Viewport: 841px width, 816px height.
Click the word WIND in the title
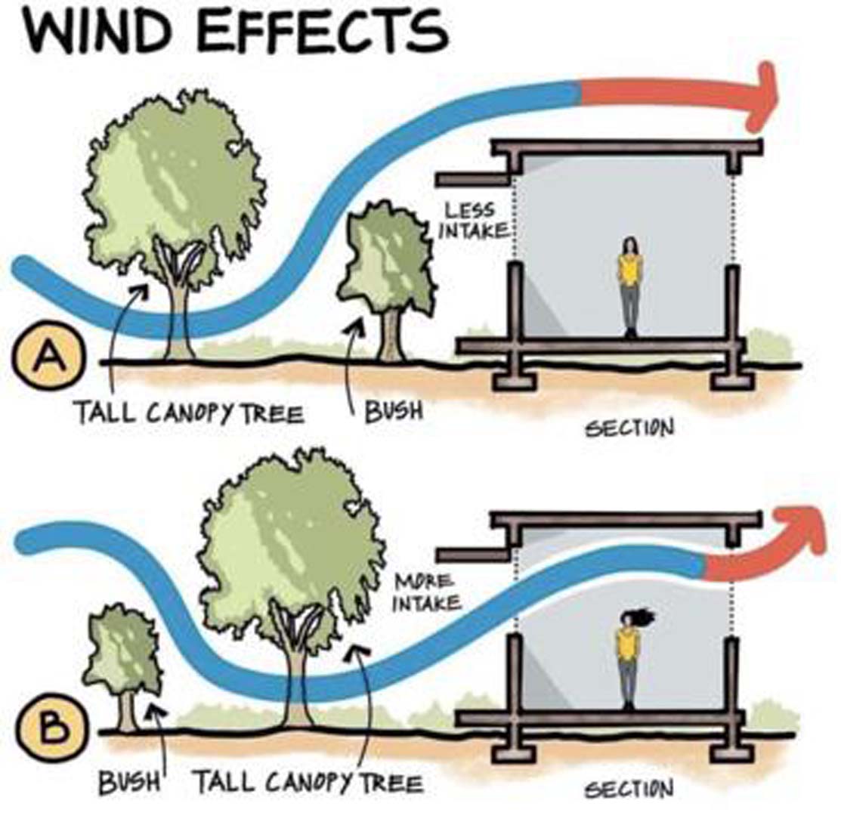click(94, 32)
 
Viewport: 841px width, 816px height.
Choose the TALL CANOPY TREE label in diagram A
click(188, 414)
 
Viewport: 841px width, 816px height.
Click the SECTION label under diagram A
click(629, 428)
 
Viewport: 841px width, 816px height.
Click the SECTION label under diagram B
click(629, 790)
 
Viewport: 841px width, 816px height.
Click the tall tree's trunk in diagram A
click(180, 317)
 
